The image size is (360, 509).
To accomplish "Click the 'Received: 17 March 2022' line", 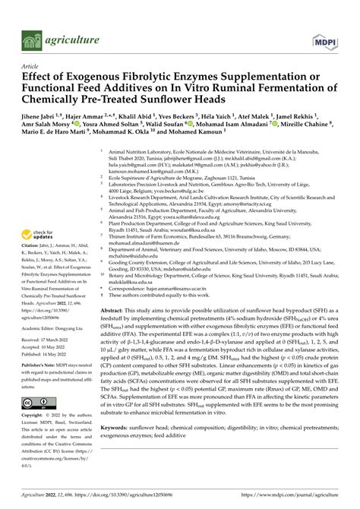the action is (43, 341).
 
